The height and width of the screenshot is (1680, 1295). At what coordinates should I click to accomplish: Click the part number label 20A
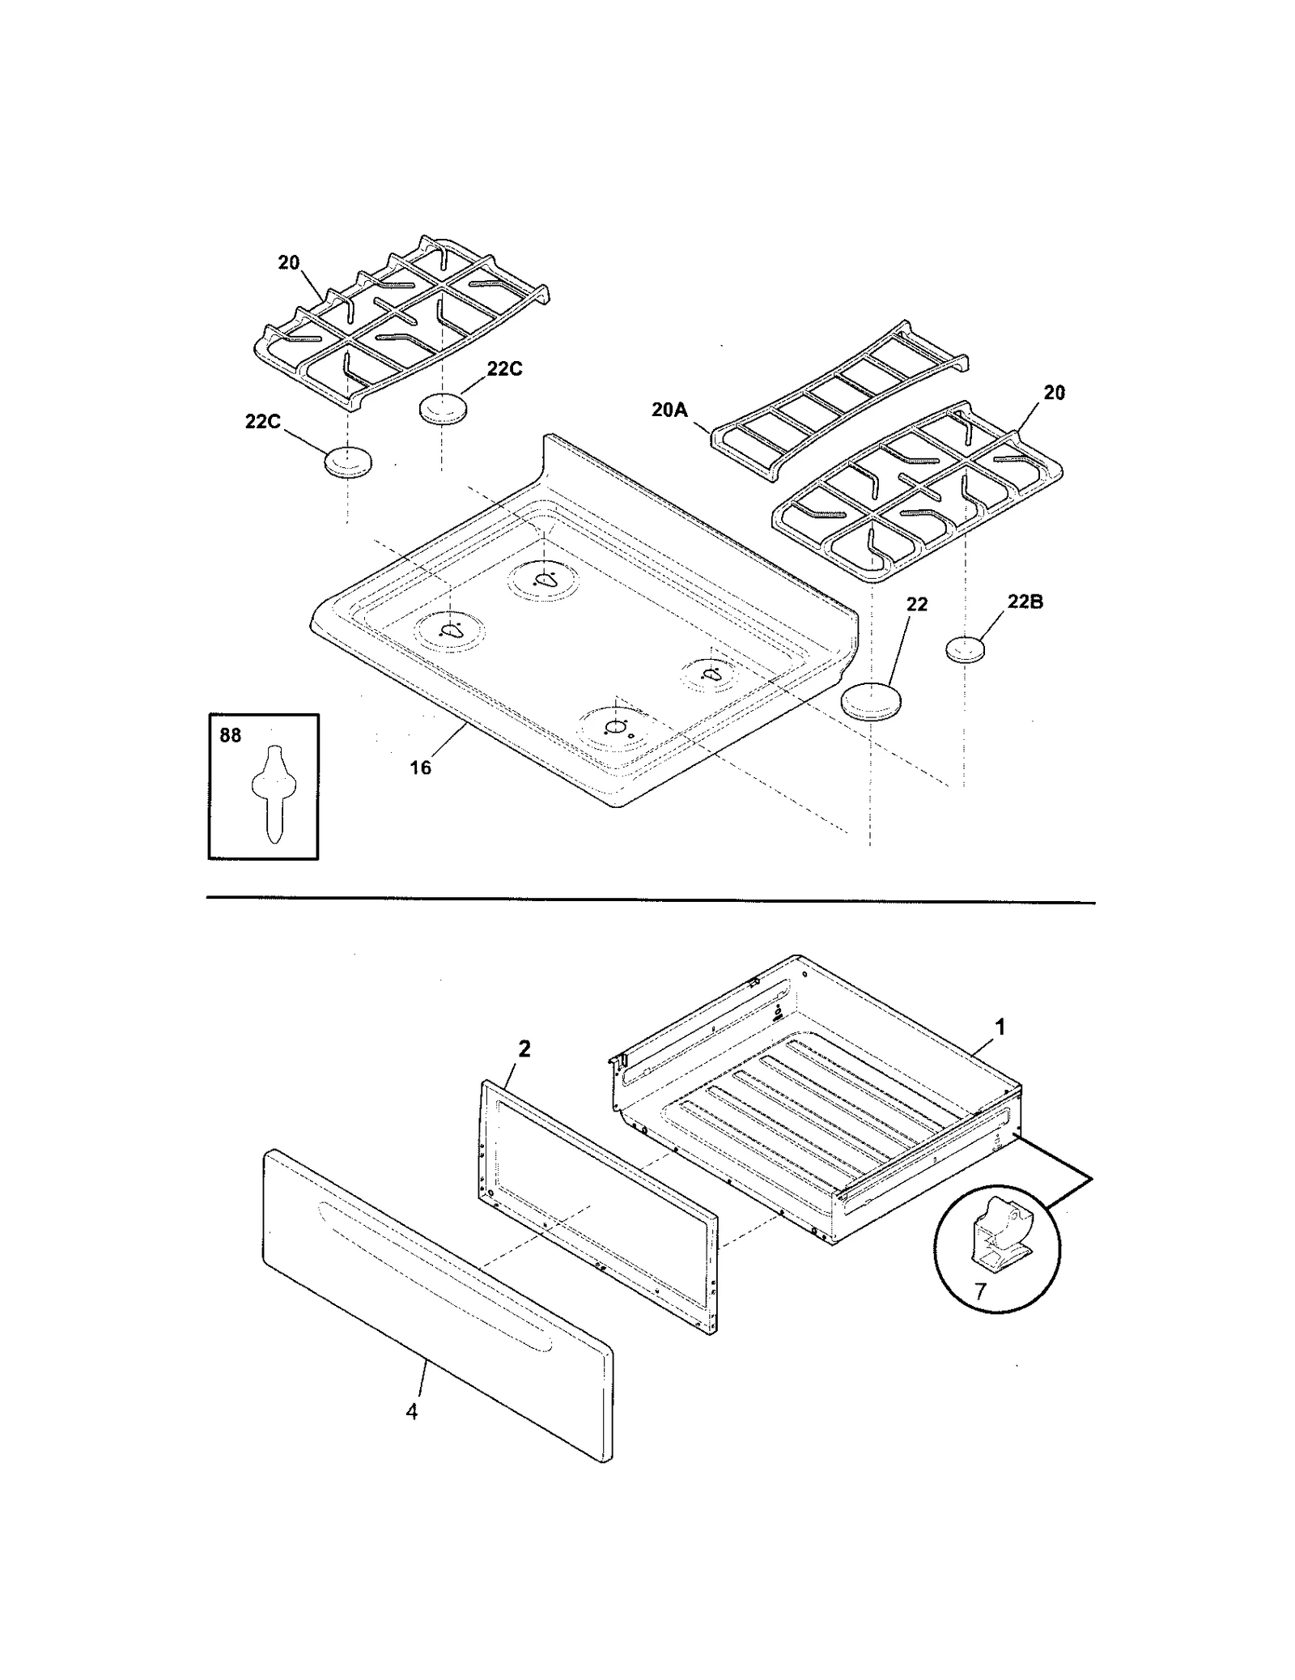(669, 410)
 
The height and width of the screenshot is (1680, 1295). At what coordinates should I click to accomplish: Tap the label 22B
(1025, 602)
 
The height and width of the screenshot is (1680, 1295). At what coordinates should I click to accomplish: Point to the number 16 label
(420, 768)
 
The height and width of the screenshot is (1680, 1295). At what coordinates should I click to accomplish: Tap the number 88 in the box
(231, 735)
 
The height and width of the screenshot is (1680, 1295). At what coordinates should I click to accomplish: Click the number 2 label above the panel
(524, 1048)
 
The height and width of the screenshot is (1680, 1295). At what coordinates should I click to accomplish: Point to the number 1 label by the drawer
(1000, 1027)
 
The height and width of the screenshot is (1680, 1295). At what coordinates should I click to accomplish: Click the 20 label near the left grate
(289, 262)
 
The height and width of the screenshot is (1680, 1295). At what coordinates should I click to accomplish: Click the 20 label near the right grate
(1054, 393)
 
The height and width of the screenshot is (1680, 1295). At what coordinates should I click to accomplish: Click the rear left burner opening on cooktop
(545, 578)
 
